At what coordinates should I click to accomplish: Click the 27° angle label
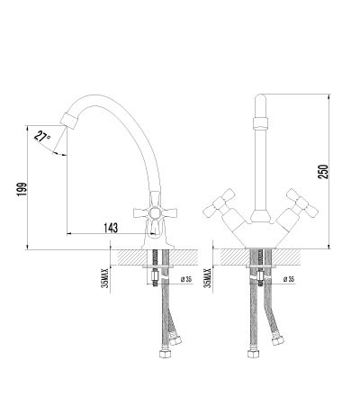click(x=42, y=137)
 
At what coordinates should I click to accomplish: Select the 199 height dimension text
click(x=22, y=190)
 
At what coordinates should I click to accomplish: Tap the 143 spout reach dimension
click(x=111, y=228)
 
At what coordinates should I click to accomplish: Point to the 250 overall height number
click(x=323, y=171)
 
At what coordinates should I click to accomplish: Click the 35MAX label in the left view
click(x=104, y=278)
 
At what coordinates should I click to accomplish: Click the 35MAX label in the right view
click(x=207, y=278)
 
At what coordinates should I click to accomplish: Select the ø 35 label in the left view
click(x=186, y=279)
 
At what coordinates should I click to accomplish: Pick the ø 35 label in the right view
click(x=289, y=279)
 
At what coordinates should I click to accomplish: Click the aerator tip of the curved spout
click(x=69, y=121)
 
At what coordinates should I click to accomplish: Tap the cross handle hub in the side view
click(x=155, y=213)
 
